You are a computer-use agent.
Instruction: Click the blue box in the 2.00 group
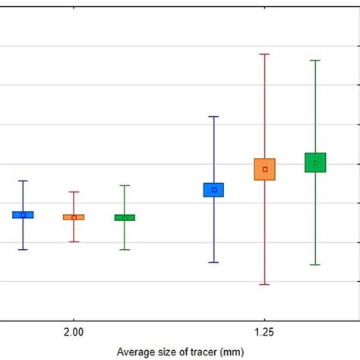[x=23, y=215]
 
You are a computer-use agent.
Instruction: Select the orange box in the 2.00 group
[x=74, y=217]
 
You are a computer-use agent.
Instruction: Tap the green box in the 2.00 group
[x=125, y=217]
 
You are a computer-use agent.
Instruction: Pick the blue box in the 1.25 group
[x=214, y=190]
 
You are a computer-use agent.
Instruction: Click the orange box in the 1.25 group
[x=265, y=169]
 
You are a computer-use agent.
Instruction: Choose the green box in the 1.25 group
[x=315, y=163]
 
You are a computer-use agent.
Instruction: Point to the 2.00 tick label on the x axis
[x=74, y=332]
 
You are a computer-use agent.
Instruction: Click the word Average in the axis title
[x=134, y=352]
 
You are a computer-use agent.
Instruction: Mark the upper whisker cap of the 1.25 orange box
[x=265, y=54]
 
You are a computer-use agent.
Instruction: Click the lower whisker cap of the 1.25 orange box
[x=265, y=284]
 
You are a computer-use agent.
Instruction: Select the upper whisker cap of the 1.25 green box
[x=315, y=60]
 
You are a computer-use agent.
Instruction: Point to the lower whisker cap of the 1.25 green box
[x=315, y=264]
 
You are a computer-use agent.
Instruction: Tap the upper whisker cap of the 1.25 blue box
[x=214, y=116]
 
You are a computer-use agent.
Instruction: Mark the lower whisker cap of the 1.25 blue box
[x=214, y=262]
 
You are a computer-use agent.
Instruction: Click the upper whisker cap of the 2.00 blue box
[x=23, y=181]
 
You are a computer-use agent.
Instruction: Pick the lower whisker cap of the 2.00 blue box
[x=23, y=249]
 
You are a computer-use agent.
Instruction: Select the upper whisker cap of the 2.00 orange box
[x=74, y=192]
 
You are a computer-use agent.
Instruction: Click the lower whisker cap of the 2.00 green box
[x=125, y=249]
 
